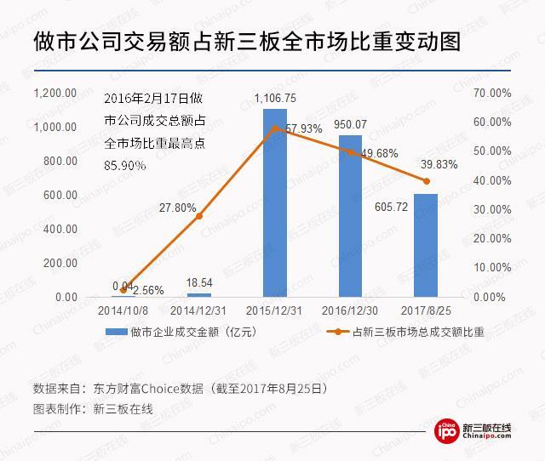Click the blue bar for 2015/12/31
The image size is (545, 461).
274,204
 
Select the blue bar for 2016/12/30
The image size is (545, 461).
350,217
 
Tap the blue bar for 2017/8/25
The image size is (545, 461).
426,247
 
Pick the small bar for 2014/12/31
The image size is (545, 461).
198,295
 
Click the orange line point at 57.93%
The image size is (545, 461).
274,128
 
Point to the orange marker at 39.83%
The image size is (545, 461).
426,181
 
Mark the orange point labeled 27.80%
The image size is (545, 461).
199,216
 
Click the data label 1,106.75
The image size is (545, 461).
274,99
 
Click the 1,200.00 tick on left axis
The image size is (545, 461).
55,93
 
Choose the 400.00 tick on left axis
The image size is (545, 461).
60,229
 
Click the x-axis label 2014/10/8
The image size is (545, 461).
123,312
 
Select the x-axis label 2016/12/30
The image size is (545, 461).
350,312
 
